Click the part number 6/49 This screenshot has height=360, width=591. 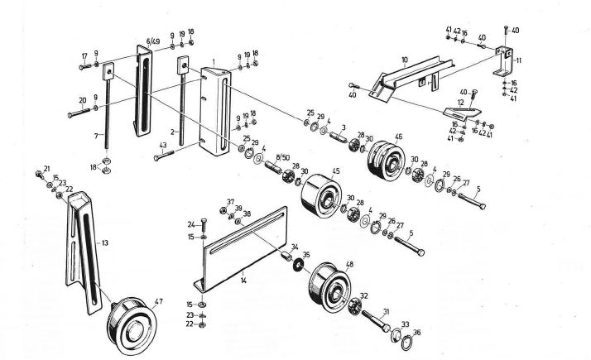[154, 41]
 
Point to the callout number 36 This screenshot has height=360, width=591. [416, 332]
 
